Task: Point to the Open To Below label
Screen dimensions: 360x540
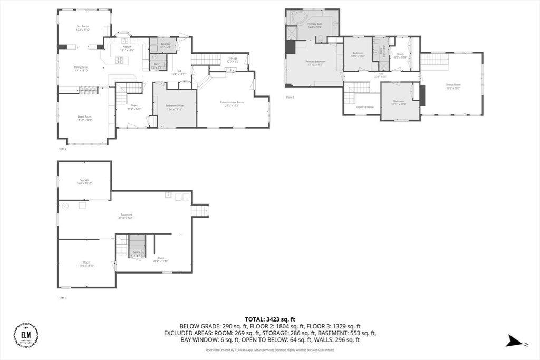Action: point(365,107)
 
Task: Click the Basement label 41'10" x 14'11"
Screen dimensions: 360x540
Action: point(127,216)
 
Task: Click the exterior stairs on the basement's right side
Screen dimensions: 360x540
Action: point(200,211)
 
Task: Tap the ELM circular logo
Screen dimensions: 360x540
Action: point(26,335)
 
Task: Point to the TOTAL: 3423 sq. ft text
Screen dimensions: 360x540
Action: point(270,319)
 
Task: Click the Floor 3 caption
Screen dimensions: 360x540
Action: point(290,98)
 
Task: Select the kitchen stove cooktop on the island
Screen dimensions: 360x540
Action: point(120,60)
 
